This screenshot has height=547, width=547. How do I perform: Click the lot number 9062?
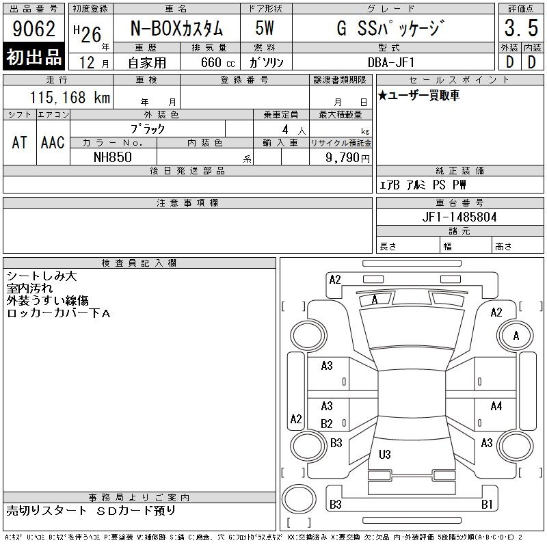[34, 29]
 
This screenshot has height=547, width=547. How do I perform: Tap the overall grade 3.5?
[521, 28]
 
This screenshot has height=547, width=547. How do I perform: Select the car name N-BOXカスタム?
[176, 28]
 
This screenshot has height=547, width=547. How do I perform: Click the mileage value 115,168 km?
[70, 97]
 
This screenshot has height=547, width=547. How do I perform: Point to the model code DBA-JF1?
[391, 62]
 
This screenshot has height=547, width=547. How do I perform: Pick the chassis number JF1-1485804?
[459, 217]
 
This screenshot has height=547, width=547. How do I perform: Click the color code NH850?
[113, 157]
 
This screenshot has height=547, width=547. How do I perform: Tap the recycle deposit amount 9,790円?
[347, 157]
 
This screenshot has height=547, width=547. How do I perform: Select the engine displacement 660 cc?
[217, 62]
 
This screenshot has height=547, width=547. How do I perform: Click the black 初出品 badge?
[34, 56]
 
